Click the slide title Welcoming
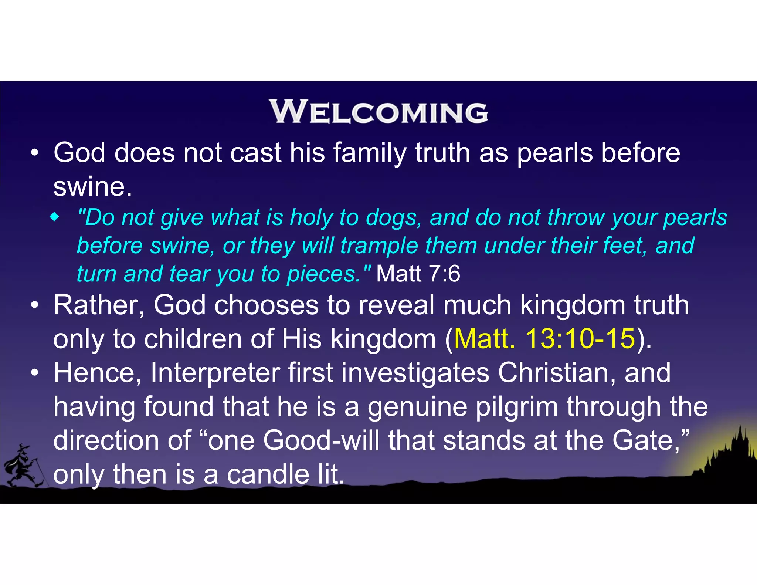(378, 112)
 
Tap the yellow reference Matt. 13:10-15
(544, 339)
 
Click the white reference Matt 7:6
(418, 274)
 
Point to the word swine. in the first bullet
(92, 187)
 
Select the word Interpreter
(215, 373)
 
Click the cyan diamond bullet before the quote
(54, 217)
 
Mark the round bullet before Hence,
(35, 373)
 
